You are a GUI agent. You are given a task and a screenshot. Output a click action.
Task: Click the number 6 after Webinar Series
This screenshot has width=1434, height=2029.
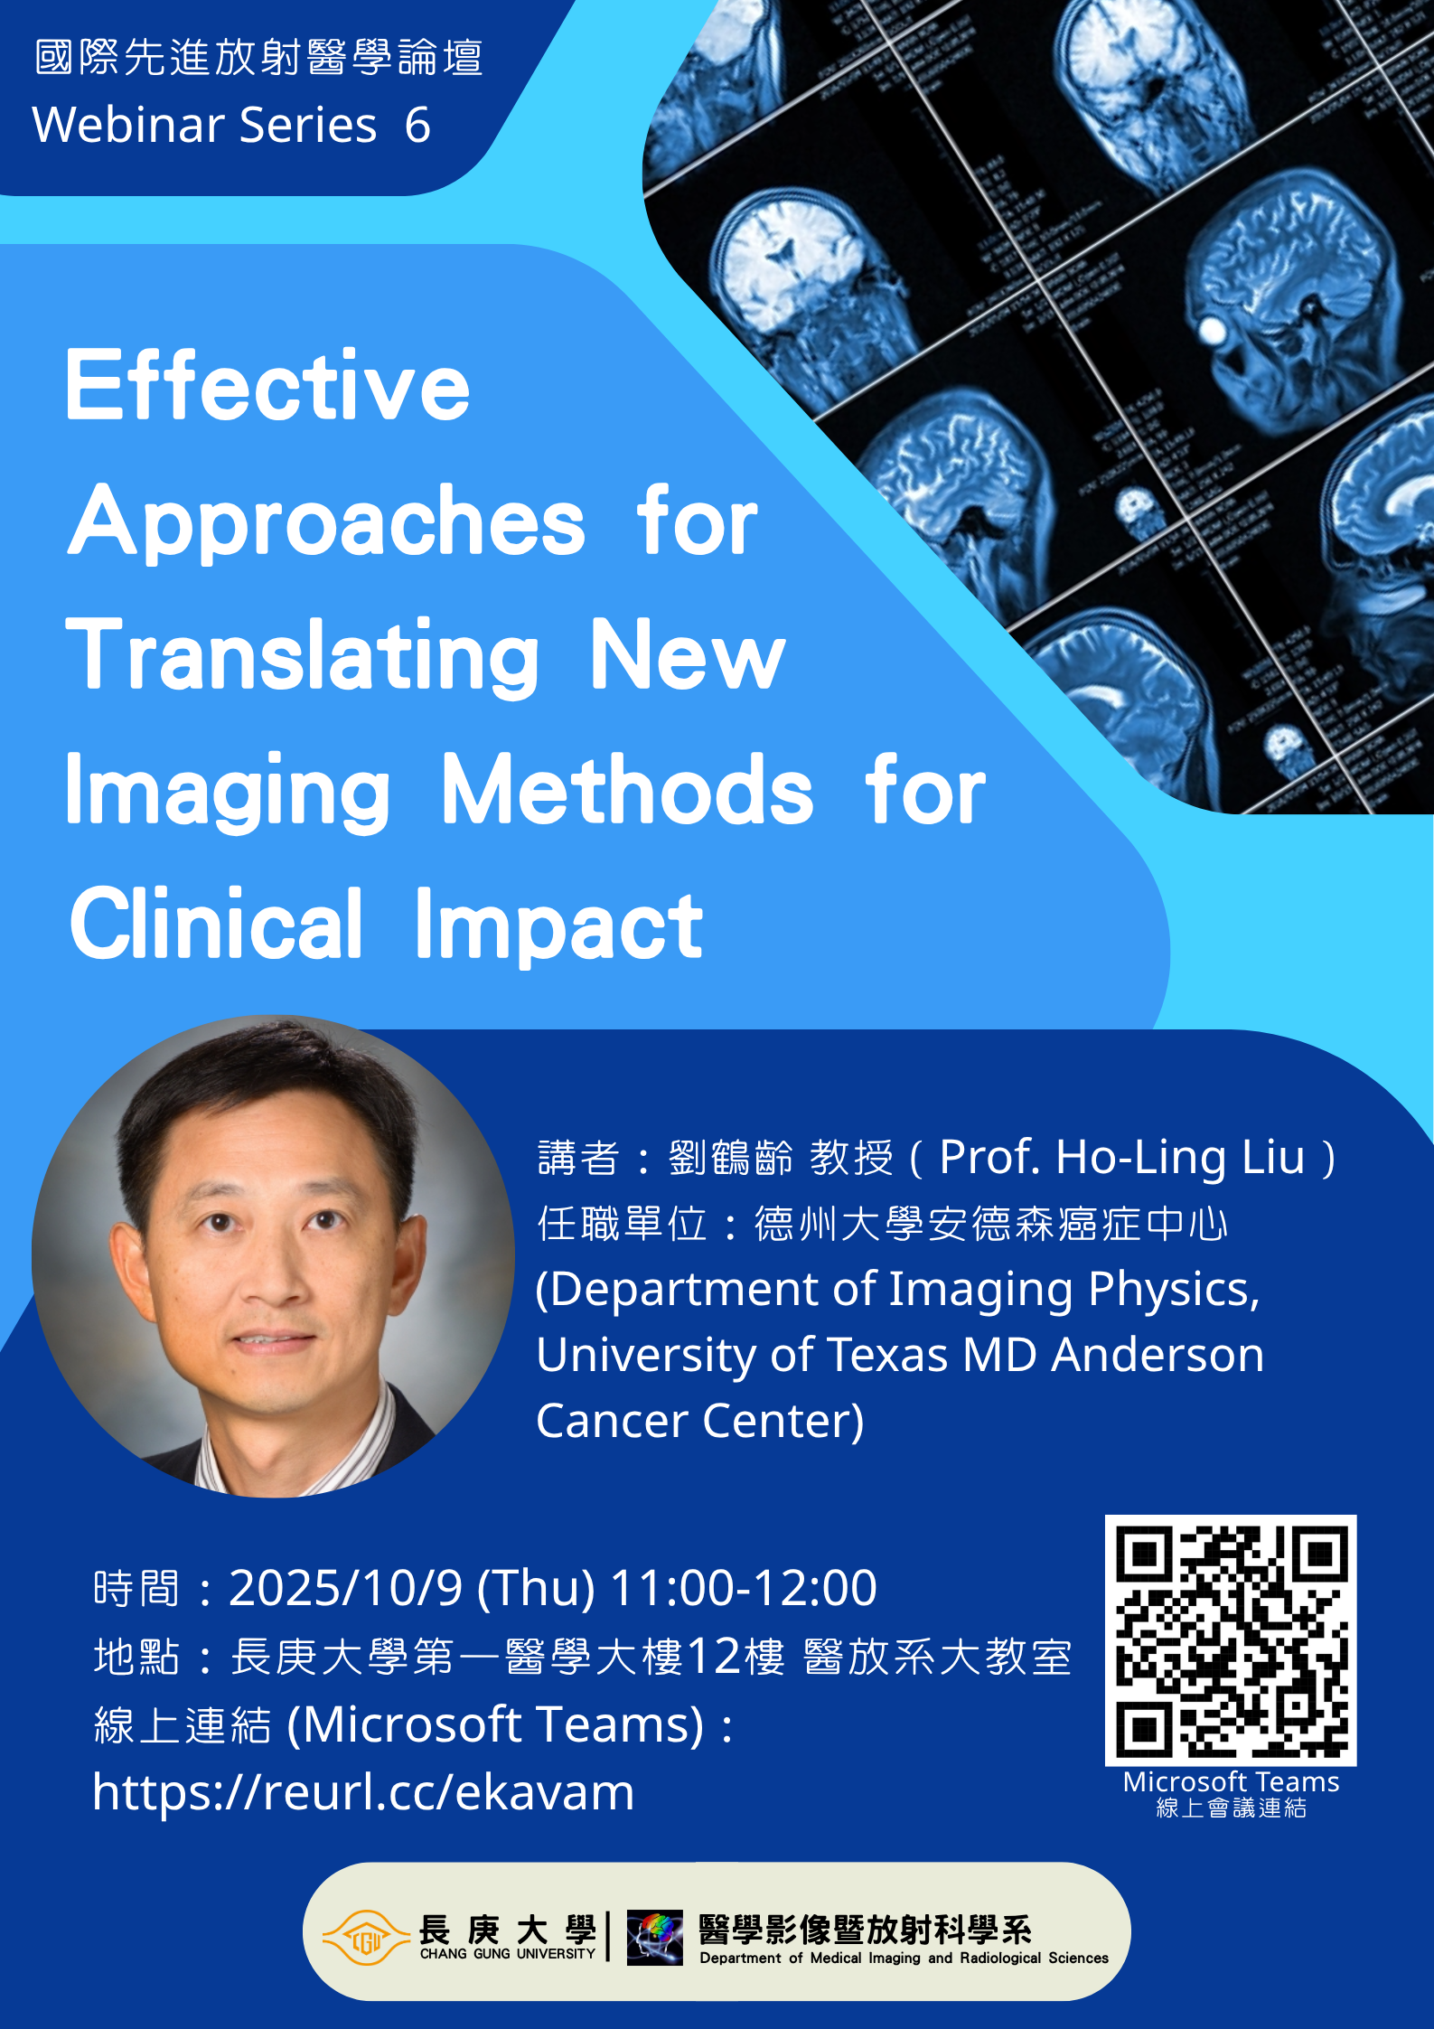point(417,125)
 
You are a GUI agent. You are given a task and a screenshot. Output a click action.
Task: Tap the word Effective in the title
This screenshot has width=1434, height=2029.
point(268,386)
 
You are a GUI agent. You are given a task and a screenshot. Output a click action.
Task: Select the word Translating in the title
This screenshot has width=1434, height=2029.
point(303,657)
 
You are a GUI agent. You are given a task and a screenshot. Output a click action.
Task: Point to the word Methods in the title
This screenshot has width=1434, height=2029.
point(628,790)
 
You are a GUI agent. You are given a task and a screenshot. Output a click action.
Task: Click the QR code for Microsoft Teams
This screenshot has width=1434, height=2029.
point(1231,1640)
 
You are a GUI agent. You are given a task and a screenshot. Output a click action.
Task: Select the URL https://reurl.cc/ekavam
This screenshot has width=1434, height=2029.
point(363,1793)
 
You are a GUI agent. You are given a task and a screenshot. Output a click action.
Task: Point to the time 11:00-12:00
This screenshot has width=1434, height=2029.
point(744,1588)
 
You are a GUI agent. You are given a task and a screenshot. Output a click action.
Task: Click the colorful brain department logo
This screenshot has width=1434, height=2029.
point(655,1937)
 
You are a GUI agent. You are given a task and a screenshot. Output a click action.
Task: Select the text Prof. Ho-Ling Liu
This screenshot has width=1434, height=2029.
point(1122,1158)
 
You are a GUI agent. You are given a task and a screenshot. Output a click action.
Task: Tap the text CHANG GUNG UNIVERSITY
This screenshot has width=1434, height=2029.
point(508,1953)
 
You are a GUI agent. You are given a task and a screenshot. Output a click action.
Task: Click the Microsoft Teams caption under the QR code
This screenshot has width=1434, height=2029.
point(1231,1782)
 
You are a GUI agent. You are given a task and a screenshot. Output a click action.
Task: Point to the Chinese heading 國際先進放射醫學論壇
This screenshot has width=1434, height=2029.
point(259,57)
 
